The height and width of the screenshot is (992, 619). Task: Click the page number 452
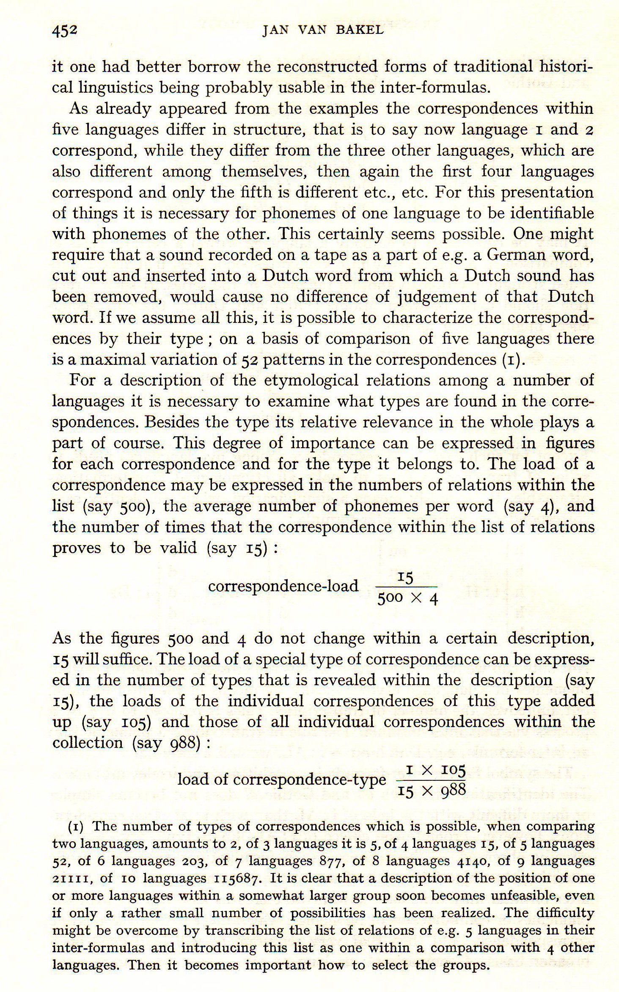[65, 31]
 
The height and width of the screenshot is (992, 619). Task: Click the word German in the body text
[514, 255]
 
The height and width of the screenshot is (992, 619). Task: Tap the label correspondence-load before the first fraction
[283, 586]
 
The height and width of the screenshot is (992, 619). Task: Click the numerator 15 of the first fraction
[405, 578]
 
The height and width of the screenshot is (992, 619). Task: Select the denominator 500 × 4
[407, 599]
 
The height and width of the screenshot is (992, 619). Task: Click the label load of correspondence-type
[281, 780]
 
